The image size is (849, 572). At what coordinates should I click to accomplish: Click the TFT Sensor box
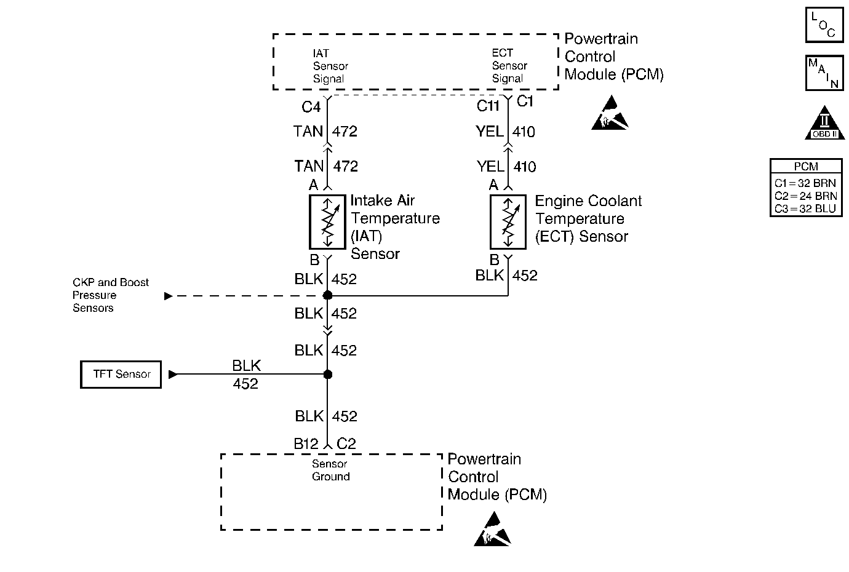121,375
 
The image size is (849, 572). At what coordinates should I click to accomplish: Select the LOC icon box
825,25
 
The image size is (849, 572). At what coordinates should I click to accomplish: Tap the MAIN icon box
825,73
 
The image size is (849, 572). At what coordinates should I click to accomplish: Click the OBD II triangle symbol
825,123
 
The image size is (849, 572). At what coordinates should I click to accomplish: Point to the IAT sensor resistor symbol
327,222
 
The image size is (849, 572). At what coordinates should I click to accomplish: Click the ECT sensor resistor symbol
508,222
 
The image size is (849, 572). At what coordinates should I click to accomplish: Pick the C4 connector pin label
311,107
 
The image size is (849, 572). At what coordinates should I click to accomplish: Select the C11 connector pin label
488,106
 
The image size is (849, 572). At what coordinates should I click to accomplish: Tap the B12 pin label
306,443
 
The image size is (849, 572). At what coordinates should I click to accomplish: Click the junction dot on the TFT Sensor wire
328,375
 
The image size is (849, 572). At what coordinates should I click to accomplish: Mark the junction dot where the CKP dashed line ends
328,295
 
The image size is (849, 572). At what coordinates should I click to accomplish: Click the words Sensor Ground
330,470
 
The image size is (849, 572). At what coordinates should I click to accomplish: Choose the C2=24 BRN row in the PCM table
805,196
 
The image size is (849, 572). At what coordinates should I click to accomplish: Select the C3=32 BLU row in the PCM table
805,209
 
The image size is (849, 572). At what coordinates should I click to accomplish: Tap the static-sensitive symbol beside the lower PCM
492,529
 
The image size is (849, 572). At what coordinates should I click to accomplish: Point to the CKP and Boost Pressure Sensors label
111,295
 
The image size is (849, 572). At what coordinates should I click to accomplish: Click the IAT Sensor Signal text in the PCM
330,66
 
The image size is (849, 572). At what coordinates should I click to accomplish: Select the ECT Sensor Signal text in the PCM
509,66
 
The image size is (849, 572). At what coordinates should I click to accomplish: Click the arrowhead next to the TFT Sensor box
173,375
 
